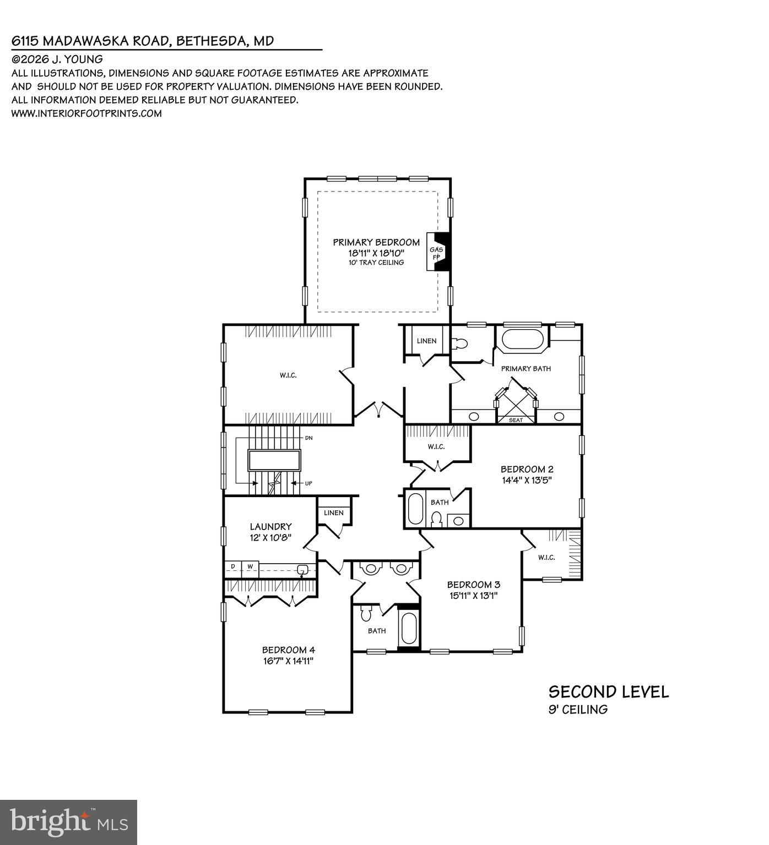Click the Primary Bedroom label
376,242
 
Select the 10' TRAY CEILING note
376,263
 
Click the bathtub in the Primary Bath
521,339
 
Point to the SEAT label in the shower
516,420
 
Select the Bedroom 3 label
473,585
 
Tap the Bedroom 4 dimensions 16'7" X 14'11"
288,661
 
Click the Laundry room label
270,527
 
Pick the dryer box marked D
233,566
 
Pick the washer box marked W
250,566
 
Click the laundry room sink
302,570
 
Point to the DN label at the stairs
309,438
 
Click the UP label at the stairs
308,483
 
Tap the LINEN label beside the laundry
334,513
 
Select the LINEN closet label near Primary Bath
426,341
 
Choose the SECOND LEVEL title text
608,692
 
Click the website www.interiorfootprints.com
86,113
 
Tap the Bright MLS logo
68,822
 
